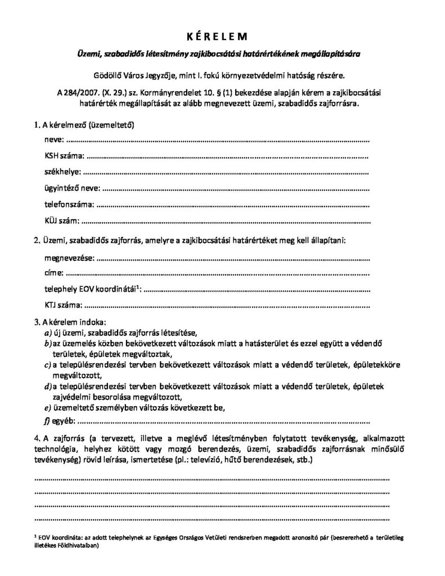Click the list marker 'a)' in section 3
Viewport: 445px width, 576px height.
(48, 332)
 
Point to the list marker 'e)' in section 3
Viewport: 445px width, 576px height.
(48, 407)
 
